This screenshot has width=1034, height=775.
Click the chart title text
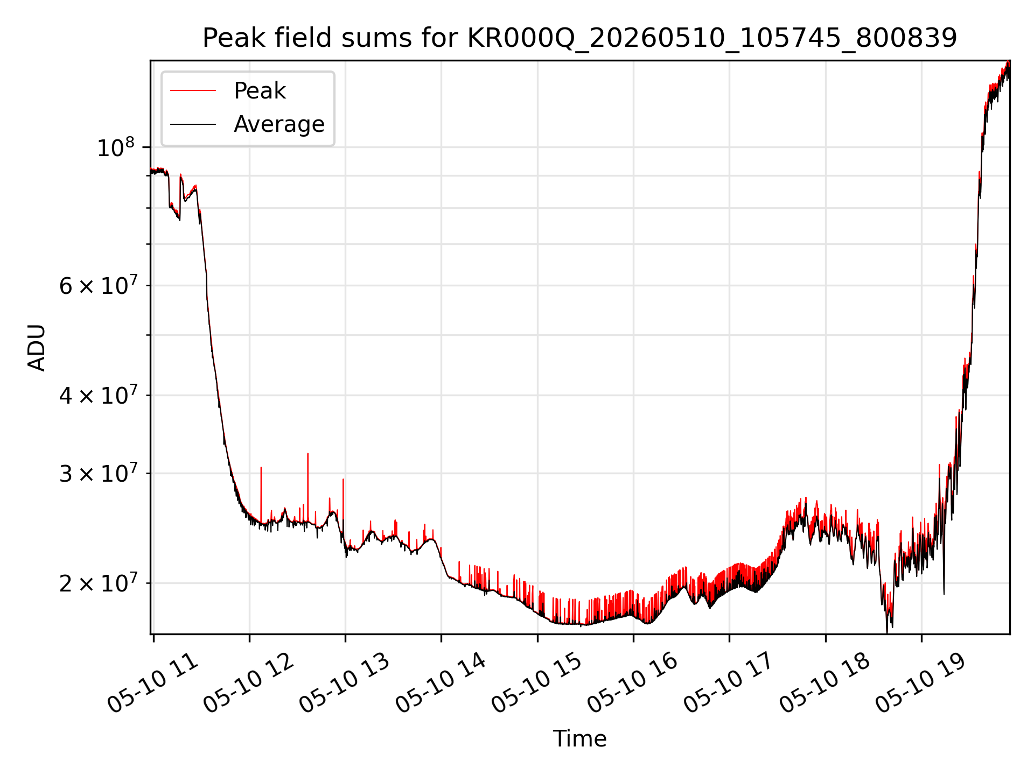(x=579, y=38)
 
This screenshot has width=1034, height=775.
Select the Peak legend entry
(x=260, y=91)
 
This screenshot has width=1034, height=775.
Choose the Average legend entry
(x=279, y=124)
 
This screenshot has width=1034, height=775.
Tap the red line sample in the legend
(x=193, y=91)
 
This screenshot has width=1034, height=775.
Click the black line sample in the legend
(x=193, y=124)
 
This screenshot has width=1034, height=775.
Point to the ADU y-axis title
(x=37, y=348)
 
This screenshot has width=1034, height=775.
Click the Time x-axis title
(x=579, y=739)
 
